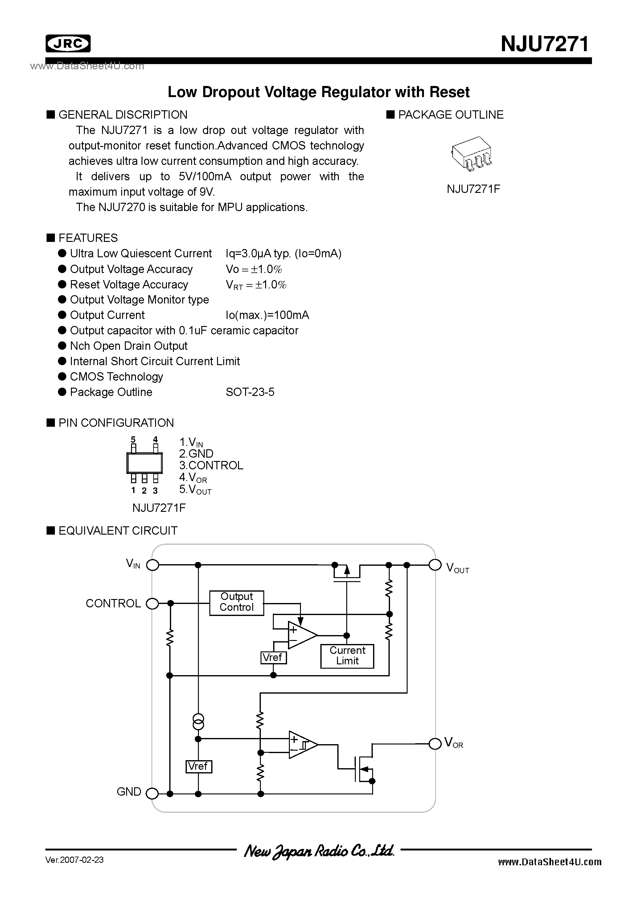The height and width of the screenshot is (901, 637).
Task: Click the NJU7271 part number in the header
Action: (x=545, y=44)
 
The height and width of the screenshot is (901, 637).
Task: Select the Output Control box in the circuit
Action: (x=236, y=603)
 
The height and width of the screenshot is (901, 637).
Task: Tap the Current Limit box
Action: (x=347, y=656)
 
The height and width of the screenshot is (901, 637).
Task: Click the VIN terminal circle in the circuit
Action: (x=152, y=565)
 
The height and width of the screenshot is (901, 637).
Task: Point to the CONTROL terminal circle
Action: (x=152, y=603)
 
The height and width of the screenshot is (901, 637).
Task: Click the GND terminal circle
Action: (x=152, y=794)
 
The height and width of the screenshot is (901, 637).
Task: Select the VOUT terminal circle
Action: (x=435, y=565)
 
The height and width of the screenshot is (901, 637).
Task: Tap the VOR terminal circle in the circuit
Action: (x=435, y=744)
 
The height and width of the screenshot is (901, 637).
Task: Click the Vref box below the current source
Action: (x=198, y=766)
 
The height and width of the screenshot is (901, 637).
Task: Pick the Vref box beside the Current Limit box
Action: (x=273, y=657)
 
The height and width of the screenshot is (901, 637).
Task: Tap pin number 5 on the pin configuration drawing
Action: (x=133, y=439)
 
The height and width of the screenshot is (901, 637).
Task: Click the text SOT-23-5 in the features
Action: (x=250, y=392)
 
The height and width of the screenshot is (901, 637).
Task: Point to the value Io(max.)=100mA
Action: (x=267, y=315)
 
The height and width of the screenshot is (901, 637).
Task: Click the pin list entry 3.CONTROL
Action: (x=211, y=465)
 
